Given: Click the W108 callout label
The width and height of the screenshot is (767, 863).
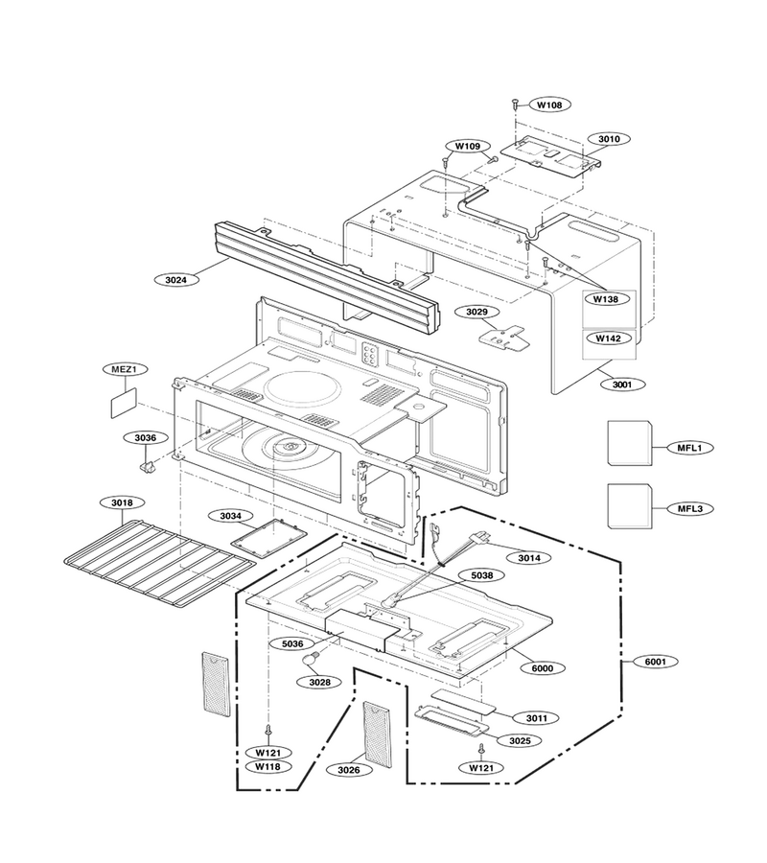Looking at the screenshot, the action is [x=549, y=105].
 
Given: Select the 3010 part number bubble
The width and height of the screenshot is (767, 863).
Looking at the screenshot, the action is [x=609, y=139].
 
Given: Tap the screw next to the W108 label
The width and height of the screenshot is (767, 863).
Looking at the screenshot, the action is [x=515, y=103].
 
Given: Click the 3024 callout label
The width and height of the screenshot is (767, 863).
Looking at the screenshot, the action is [x=176, y=280].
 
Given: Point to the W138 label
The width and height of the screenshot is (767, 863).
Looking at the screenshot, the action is [x=605, y=299].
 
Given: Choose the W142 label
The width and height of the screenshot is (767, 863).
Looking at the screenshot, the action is [x=608, y=338].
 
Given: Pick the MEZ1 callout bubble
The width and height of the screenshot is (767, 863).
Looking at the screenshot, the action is [x=125, y=369].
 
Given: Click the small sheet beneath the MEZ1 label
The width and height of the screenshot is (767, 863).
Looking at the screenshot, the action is [x=125, y=403].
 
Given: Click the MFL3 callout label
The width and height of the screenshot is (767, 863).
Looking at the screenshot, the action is [x=690, y=508].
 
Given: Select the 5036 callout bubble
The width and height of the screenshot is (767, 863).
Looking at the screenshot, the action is [x=292, y=643].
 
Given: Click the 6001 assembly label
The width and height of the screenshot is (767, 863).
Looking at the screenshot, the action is [x=655, y=662].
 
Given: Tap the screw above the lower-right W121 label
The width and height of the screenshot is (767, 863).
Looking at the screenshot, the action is [x=482, y=749].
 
